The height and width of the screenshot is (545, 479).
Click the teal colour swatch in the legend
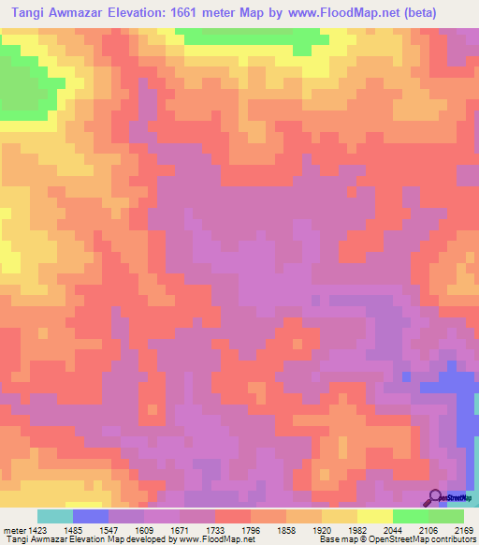(55, 516)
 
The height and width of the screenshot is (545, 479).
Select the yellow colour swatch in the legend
(374, 516)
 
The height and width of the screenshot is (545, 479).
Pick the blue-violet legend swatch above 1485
(91, 516)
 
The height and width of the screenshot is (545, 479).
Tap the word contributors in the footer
(451, 538)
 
